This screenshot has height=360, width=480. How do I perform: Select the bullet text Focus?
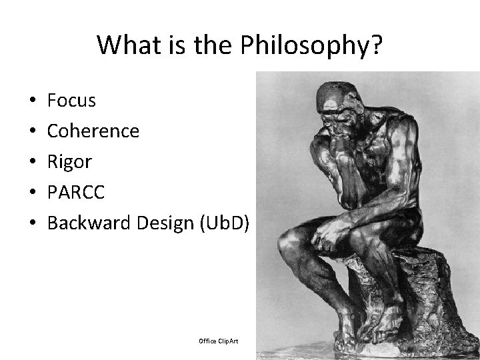(x=72, y=101)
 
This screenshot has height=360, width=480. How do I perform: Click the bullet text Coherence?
(x=93, y=131)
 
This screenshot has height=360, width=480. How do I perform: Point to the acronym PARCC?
(x=76, y=193)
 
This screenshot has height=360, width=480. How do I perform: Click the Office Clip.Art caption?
(x=218, y=341)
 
